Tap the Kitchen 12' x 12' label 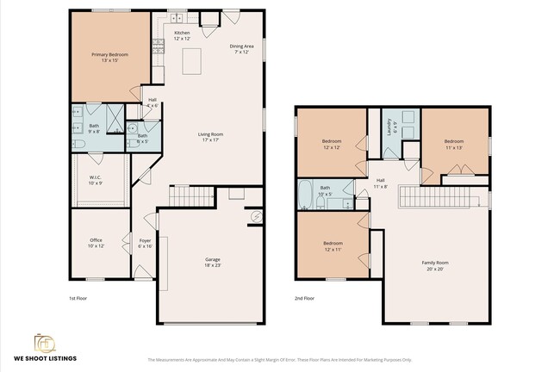tap(182, 35)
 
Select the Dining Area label tap(241, 48)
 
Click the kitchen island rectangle tap(192, 61)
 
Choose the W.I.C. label tap(96, 180)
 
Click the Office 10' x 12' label tap(96, 243)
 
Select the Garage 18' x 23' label tap(212, 262)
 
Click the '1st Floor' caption tap(78, 299)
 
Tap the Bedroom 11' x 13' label tap(454, 143)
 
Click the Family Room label tap(434, 265)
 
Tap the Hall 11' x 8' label tap(380, 183)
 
